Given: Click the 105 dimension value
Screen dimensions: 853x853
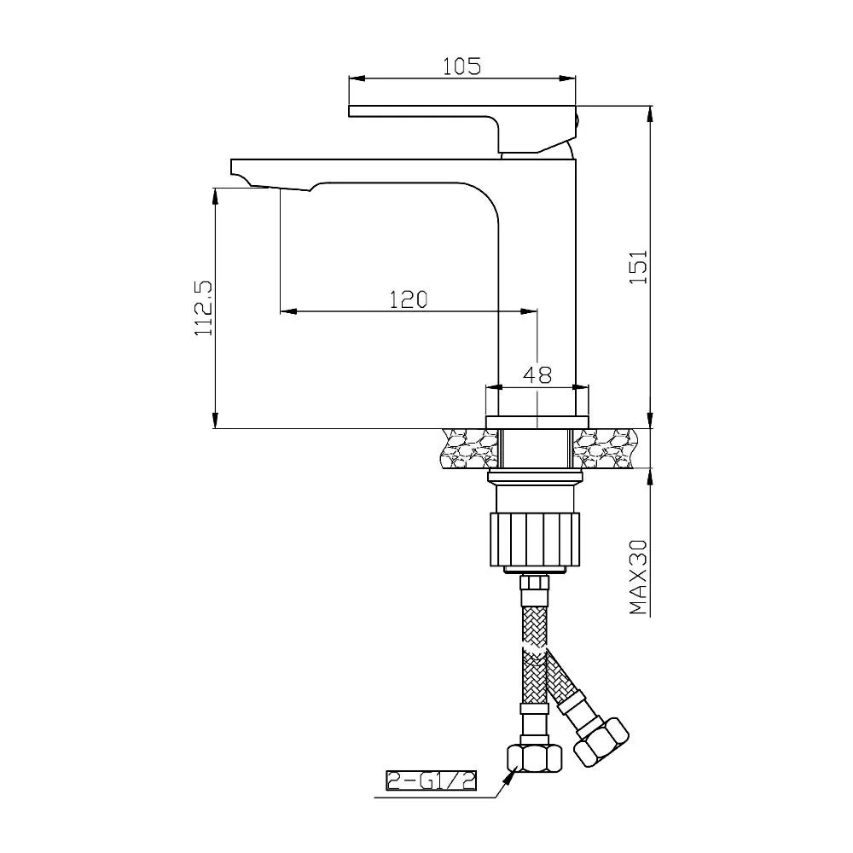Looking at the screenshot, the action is click(461, 67).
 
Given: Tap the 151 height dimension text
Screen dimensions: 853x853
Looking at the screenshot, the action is click(639, 266).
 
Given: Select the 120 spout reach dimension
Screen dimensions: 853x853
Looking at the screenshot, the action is click(409, 299).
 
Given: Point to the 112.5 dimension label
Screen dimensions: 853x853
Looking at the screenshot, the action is click(205, 308).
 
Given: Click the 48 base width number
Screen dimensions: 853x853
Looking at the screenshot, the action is click(537, 374).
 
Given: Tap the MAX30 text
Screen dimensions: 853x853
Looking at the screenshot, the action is click(639, 577).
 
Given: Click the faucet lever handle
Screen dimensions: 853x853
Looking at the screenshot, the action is click(462, 128).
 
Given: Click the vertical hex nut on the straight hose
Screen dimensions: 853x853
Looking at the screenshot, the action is click(526, 757).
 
